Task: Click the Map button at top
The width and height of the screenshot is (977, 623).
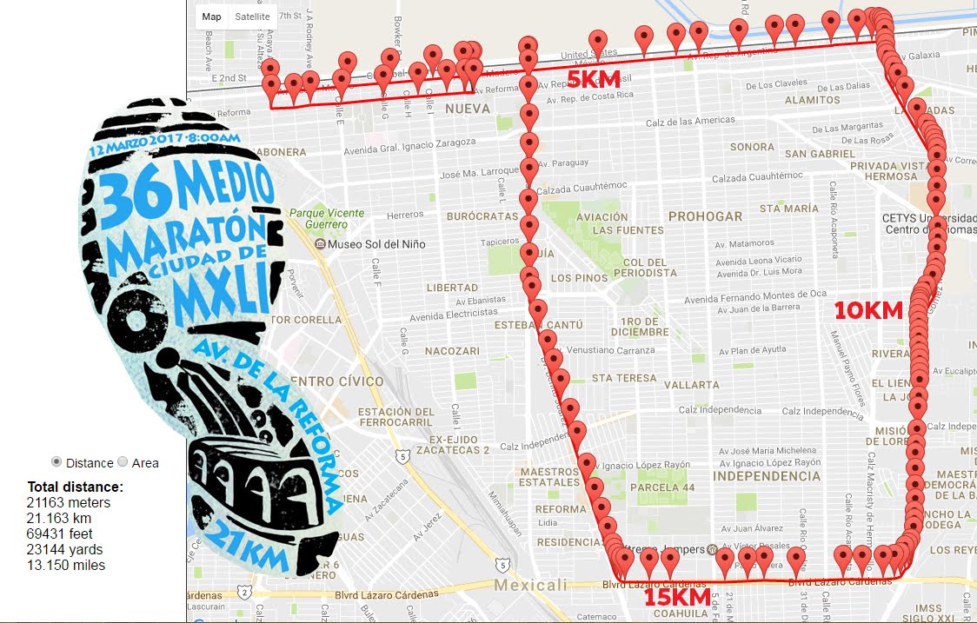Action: [x=211, y=17]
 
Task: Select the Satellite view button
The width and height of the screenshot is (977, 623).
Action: [x=252, y=17]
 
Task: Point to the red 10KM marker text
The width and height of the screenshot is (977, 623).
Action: [x=869, y=310]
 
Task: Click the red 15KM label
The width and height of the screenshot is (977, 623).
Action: [x=677, y=598]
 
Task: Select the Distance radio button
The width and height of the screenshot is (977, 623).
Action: [x=57, y=462]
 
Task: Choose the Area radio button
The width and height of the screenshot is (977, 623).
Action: [x=123, y=462]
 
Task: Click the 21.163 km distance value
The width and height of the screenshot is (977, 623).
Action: [x=60, y=518]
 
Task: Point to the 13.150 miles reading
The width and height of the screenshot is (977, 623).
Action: [x=66, y=565]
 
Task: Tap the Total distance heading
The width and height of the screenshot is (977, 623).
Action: [x=76, y=487]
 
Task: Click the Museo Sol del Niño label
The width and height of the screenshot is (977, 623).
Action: [x=376, y=244]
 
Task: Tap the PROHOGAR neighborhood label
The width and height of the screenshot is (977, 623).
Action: [x=705, y=216]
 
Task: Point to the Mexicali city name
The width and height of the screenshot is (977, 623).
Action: [x=530, y=585]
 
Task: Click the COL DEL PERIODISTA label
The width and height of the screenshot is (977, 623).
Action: [x=644, y=268]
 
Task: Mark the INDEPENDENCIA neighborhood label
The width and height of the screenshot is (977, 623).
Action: [x=766, y=476]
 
